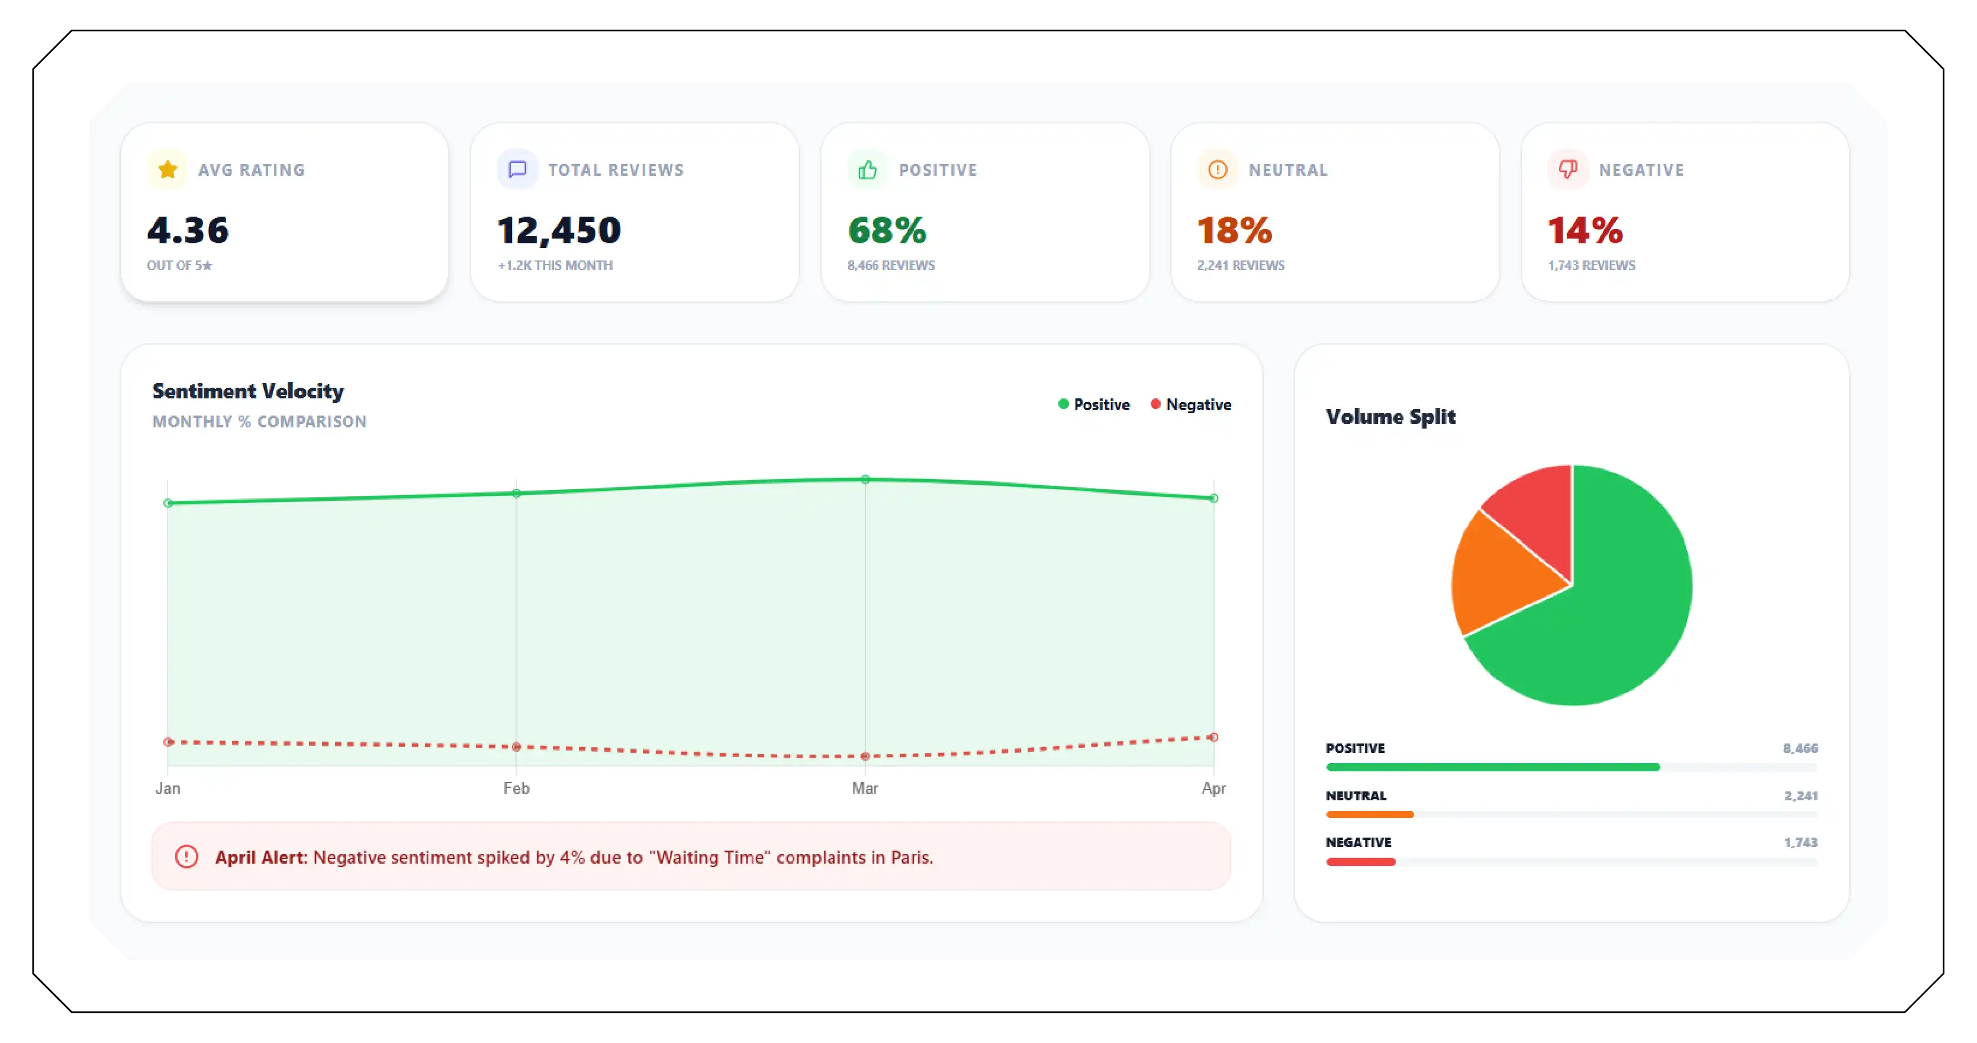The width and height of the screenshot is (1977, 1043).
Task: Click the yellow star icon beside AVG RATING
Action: [168, 170]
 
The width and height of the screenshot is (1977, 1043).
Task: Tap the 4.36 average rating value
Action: [188, 230]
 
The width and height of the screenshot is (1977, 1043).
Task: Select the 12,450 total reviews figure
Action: [559, 230]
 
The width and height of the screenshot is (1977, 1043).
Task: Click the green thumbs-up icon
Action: [867, 170]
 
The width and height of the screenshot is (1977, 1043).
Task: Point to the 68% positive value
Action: [887, 230]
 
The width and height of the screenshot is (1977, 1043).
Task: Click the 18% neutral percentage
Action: [1234, 230]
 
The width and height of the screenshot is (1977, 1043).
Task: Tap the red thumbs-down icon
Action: [1567, 170]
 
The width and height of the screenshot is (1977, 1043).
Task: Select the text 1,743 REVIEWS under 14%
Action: [1591, 266]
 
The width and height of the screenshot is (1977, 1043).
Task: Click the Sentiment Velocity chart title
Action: [248, 391]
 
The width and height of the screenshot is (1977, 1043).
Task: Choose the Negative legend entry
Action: [1190, 404]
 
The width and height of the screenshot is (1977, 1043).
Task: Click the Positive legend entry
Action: [1094, 404]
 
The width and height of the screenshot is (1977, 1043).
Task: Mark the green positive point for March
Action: [865, 479]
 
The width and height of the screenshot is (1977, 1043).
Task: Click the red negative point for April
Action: [1213, 738]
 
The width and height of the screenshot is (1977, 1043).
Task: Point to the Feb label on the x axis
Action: [516, 788]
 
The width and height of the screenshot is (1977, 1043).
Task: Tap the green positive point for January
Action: [168, 504]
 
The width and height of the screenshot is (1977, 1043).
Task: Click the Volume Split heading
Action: [1390, 417]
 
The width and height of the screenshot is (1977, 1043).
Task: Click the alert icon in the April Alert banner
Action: [186, 857]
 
